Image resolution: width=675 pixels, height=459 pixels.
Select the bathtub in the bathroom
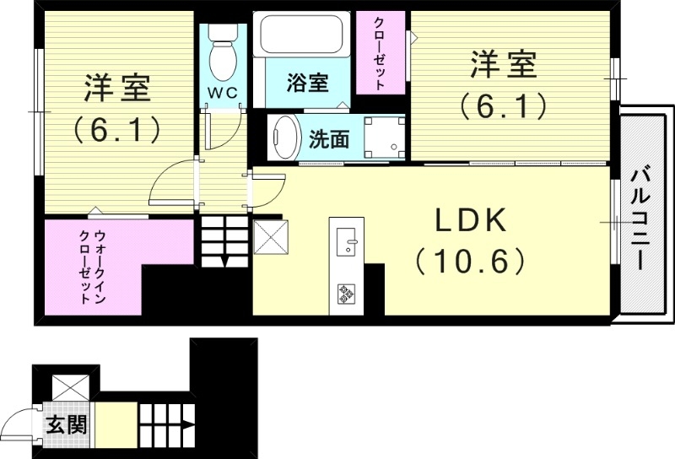coord(302,37)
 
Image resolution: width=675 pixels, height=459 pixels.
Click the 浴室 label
coord(306,84)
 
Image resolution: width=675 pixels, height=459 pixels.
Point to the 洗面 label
coord(328,139)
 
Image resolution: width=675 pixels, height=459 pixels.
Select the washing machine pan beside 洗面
coord(383,137)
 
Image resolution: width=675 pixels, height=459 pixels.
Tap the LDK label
coord(471,221)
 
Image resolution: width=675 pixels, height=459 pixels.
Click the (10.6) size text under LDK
coord(471,262)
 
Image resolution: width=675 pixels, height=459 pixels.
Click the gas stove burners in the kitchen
coord(347,294)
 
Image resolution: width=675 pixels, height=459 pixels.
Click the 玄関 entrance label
coord(67,424)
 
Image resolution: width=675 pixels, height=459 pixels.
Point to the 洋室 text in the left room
coord(116,88)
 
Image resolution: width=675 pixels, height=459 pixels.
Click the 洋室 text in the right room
coord(504,64)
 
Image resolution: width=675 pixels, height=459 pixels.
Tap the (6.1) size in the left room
coord(116,128)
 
